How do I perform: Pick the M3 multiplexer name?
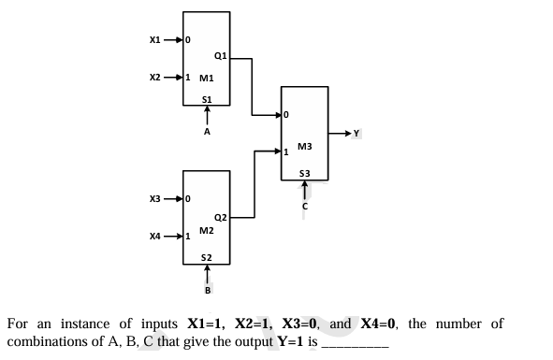click(x=304, y=146)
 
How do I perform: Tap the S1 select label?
click(x=207, y=97)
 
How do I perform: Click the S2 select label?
click(x=207, y=255)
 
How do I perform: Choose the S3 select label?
click(x=304, y=172)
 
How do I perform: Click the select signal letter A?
click(x=207, y=132)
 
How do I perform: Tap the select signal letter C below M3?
click(x=304, y=207)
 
